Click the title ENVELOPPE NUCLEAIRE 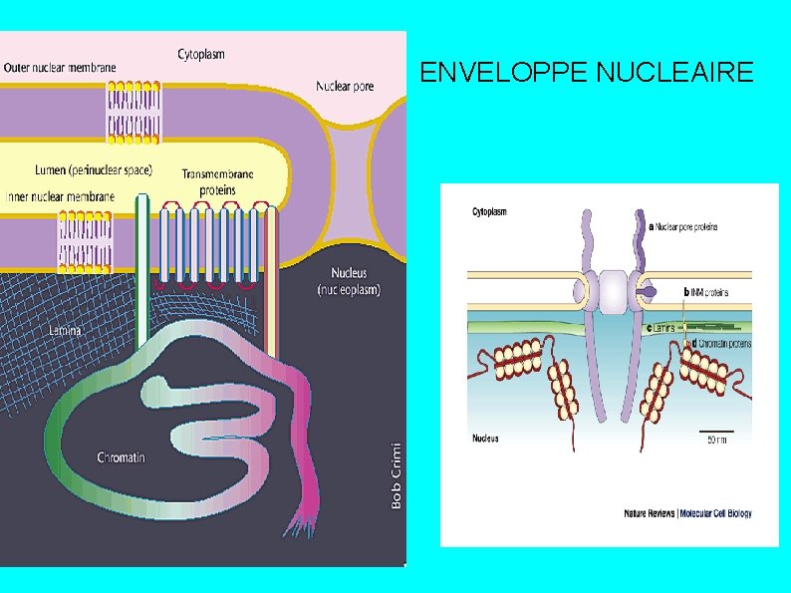[587, 73]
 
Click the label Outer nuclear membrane [60, 68]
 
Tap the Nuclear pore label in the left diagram [345, 86]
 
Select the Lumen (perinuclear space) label [93, 169]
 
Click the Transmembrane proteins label [217, 181]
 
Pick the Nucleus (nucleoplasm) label [348, 281]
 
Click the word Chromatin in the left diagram [121, 457]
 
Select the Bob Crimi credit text [396, 475]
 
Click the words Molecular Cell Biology [715, 514]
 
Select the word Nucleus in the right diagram [485, 439]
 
